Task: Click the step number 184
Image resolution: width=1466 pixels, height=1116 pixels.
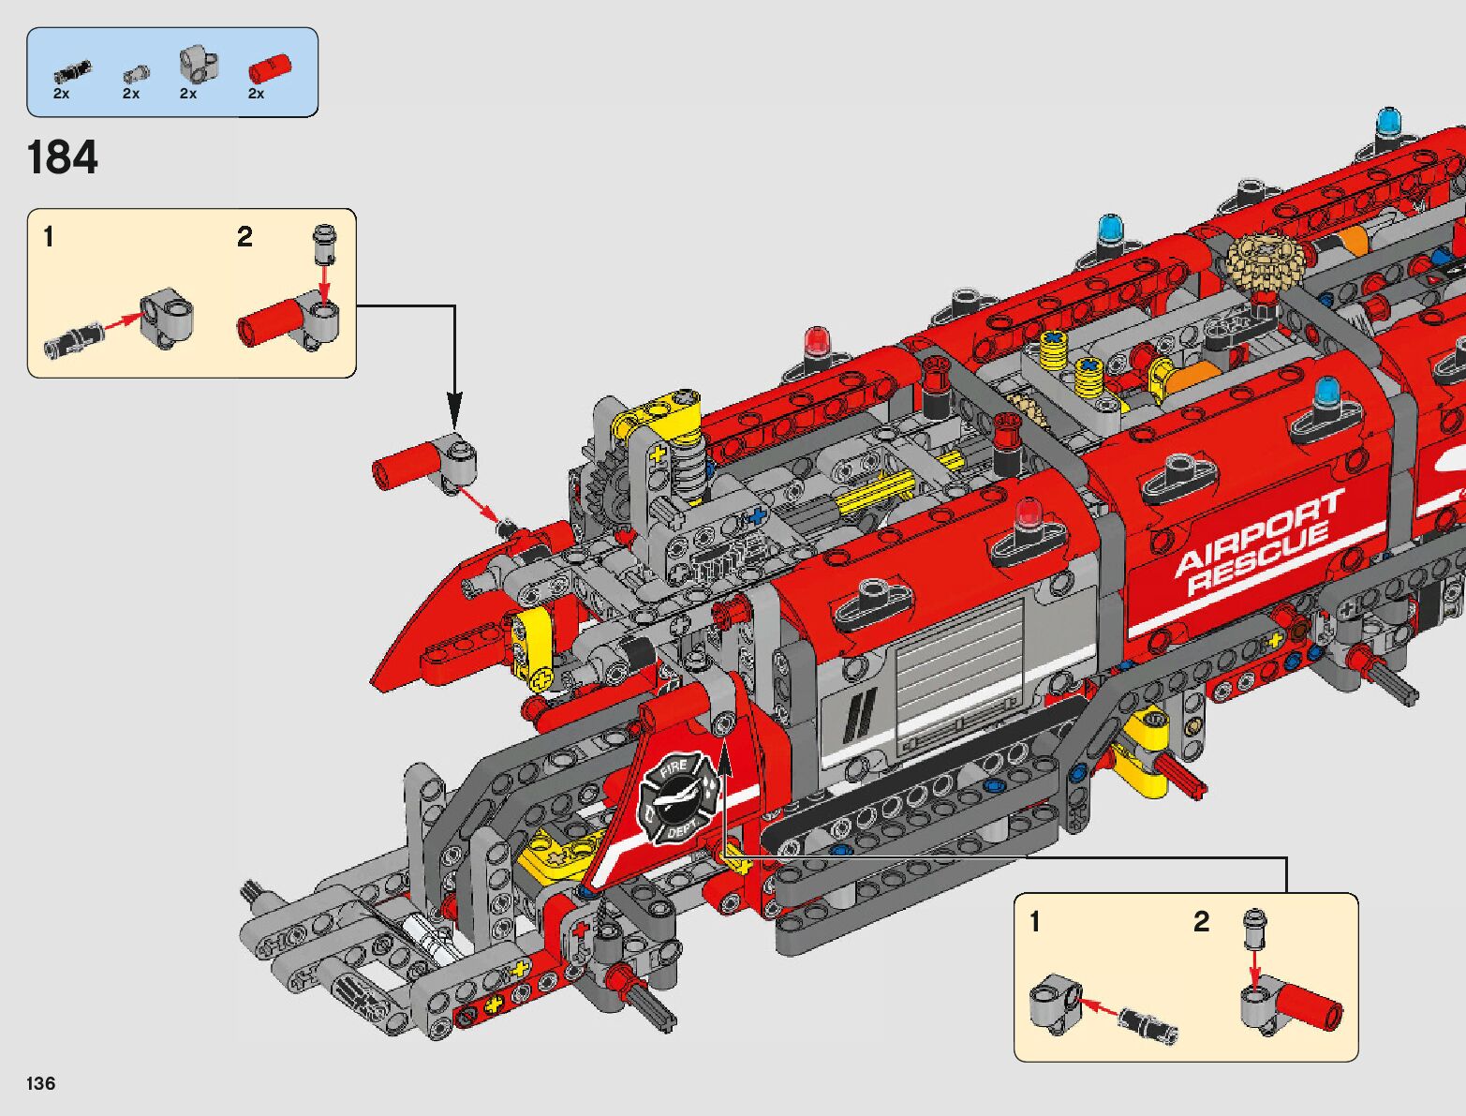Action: click(63, 157)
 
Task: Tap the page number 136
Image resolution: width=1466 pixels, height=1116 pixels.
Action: click(41, 1083)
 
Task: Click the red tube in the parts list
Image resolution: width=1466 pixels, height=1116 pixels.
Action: click(270, 68)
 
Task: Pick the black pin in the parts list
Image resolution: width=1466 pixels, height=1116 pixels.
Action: click(71, 69)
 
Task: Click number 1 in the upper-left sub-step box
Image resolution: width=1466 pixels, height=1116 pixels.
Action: click(49, 237)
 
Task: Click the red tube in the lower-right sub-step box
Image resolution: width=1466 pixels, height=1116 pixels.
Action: click(1311, 1007)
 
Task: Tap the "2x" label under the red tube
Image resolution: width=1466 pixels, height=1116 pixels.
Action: click(256, 94)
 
